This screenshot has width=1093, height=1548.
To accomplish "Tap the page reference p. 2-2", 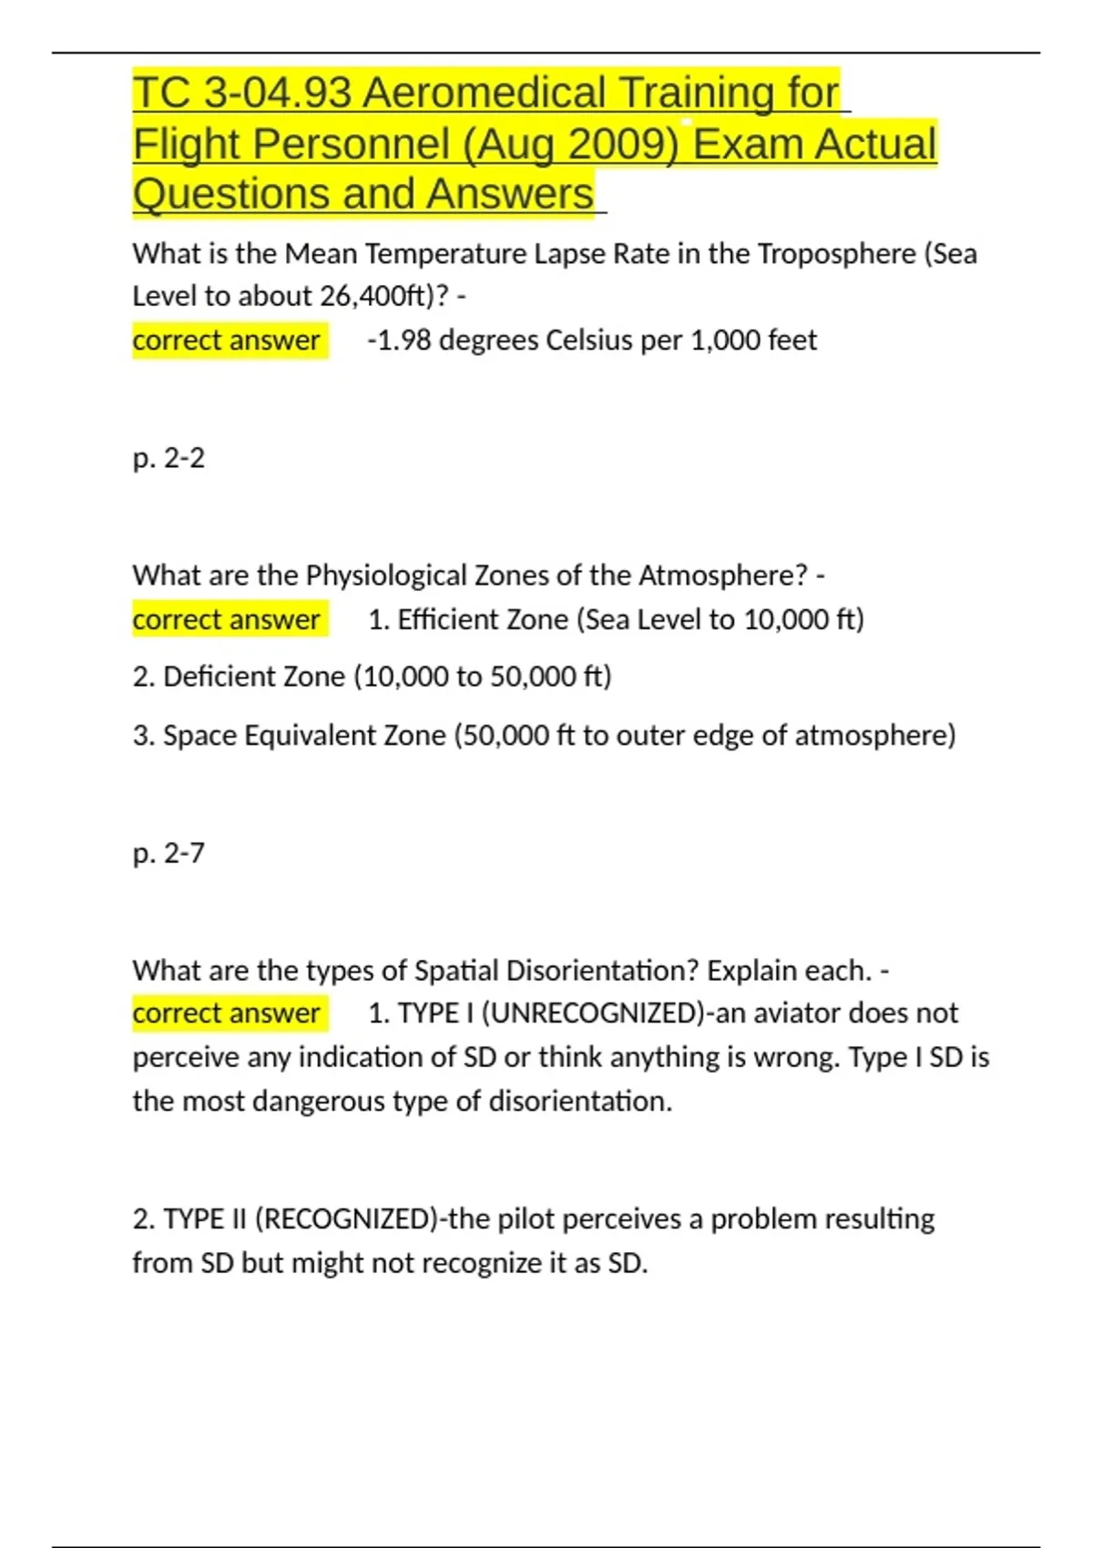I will pyautogui.click(x=169, y=458).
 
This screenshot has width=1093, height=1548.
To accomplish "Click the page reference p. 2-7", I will pyautogui.click(x=169, y=853).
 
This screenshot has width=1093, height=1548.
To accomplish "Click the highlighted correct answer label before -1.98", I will pyautogui.click(x=226, y=341).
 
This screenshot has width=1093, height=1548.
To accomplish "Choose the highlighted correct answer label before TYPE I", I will pyautogui.click(x=226, y=1013).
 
